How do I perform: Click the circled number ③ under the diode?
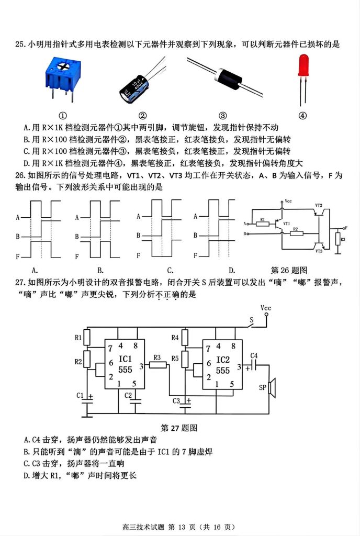click(x=222, y=116)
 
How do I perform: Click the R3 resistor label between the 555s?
click(x=156, y=358)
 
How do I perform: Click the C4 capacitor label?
click(x=254, y=356)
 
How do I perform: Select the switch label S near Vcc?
click(x=251, y=319)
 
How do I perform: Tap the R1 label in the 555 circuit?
click(x=79, y=338)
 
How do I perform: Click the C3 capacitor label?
click(x=177, y=401)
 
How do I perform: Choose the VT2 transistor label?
click(x=319, y=205)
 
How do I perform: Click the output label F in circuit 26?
click(x=346, y=228)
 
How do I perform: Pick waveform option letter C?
click(x=170, y=271)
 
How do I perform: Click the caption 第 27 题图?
click(x=179, y=428)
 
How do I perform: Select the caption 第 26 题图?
click(x=289, y=270)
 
